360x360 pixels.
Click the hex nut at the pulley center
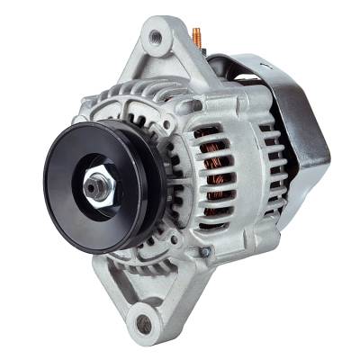96,188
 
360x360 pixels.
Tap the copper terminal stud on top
195,37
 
